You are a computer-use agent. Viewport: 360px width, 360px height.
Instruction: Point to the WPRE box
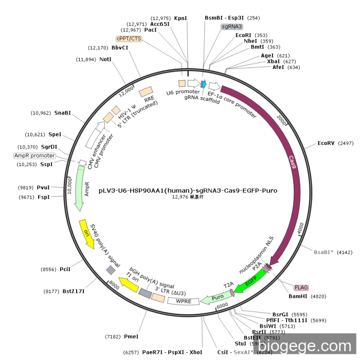coord(183,300)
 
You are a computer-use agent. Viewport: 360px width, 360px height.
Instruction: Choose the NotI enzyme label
coord(105,60)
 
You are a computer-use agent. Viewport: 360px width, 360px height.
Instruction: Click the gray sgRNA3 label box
coord(232,26)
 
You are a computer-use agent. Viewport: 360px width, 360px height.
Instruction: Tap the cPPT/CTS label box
coord(128,39)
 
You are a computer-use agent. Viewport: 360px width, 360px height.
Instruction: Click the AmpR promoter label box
coord(34,156)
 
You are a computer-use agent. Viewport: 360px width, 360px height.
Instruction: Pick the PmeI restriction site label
coord(131,336)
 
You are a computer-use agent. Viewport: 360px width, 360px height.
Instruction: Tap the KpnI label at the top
coord(181,18)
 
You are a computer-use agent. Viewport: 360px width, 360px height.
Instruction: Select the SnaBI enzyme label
coord(62,113)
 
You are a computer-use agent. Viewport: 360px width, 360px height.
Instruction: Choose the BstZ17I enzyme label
coord(74,292)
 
